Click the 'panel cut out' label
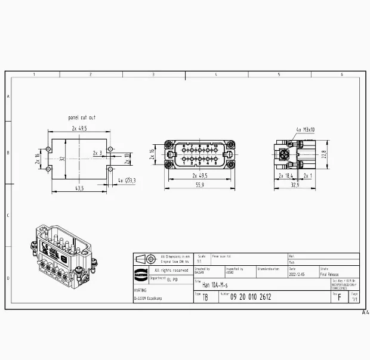[82, 118]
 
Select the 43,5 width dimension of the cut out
[78, 188]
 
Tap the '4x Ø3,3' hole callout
[127, 180]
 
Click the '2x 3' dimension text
[97, 153]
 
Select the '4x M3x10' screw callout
[306, 129]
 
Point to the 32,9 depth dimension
[294, 186]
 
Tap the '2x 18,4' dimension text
[286, 176]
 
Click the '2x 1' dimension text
[307, 176]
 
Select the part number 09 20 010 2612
[250, 297]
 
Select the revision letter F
[340, 297]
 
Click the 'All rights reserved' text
[171, 270]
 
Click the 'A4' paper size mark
[365, 312]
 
